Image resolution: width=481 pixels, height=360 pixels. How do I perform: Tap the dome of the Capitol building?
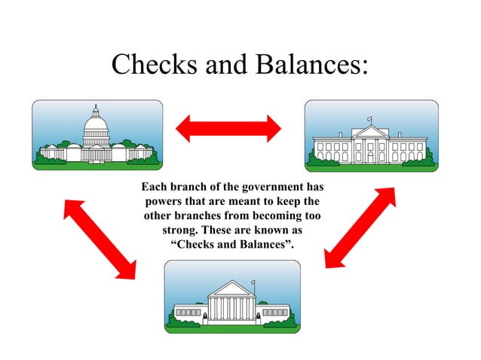[x=96, y=125]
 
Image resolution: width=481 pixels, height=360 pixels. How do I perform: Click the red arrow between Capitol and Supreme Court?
[x=100, y=237]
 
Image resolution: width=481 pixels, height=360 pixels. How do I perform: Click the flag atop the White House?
[x=369, y=119]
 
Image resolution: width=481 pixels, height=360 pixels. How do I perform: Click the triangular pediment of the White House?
[x=369, y=132]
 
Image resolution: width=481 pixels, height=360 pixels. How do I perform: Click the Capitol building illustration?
[x=97, y=136]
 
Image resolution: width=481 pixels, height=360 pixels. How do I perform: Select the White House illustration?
[x=370, y=136]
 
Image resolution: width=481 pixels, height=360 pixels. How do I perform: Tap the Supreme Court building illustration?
[x=232, y=297]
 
